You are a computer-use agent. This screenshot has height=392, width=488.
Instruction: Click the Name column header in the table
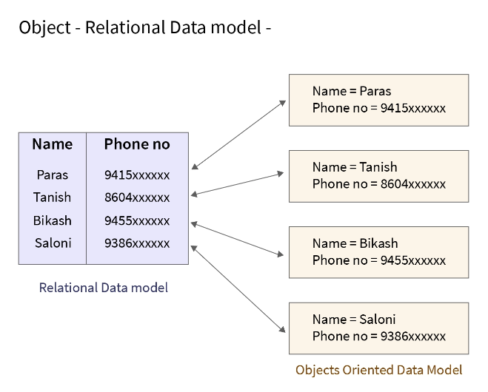[x=52, y=144]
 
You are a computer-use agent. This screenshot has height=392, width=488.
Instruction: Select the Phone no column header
[x=137, y=144]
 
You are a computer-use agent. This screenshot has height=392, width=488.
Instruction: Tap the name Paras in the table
[x=52, y=175]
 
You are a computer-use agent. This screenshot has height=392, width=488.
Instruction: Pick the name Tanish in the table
[x=52, y=197]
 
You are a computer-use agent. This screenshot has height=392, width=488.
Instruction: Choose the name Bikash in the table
[x=52, y=220]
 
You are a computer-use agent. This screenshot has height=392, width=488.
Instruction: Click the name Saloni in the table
[x=52, y=243]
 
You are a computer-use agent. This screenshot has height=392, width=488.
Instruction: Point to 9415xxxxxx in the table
[x=137, y=175]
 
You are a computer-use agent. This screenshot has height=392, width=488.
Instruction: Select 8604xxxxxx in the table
[x=137, y=198]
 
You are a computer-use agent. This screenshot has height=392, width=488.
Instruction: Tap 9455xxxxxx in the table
[x=137, y=220]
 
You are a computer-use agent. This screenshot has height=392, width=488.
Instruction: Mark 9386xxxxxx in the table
[x=137, y=243]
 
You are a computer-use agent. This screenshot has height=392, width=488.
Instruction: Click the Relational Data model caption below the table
[x=104, y=288]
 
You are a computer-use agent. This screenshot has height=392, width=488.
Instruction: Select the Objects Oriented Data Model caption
[x=378, y=370]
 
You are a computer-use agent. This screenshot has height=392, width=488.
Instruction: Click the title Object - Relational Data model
[x=145, y=28]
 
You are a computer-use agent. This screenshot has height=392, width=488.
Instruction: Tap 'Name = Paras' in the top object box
[x=352, y=91]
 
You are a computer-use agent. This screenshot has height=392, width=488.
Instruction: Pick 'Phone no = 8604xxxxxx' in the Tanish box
[x=379, y=184]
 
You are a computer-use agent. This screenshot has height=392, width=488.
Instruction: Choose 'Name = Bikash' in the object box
[x=355, y=243]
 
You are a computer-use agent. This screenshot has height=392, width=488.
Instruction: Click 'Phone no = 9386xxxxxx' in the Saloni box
[x=379, y=337]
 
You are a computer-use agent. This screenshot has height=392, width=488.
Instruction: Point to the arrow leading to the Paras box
[x=238, y=135]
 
